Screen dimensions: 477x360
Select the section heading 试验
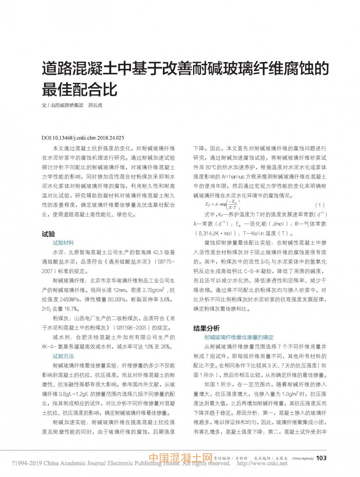coord(48,234)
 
